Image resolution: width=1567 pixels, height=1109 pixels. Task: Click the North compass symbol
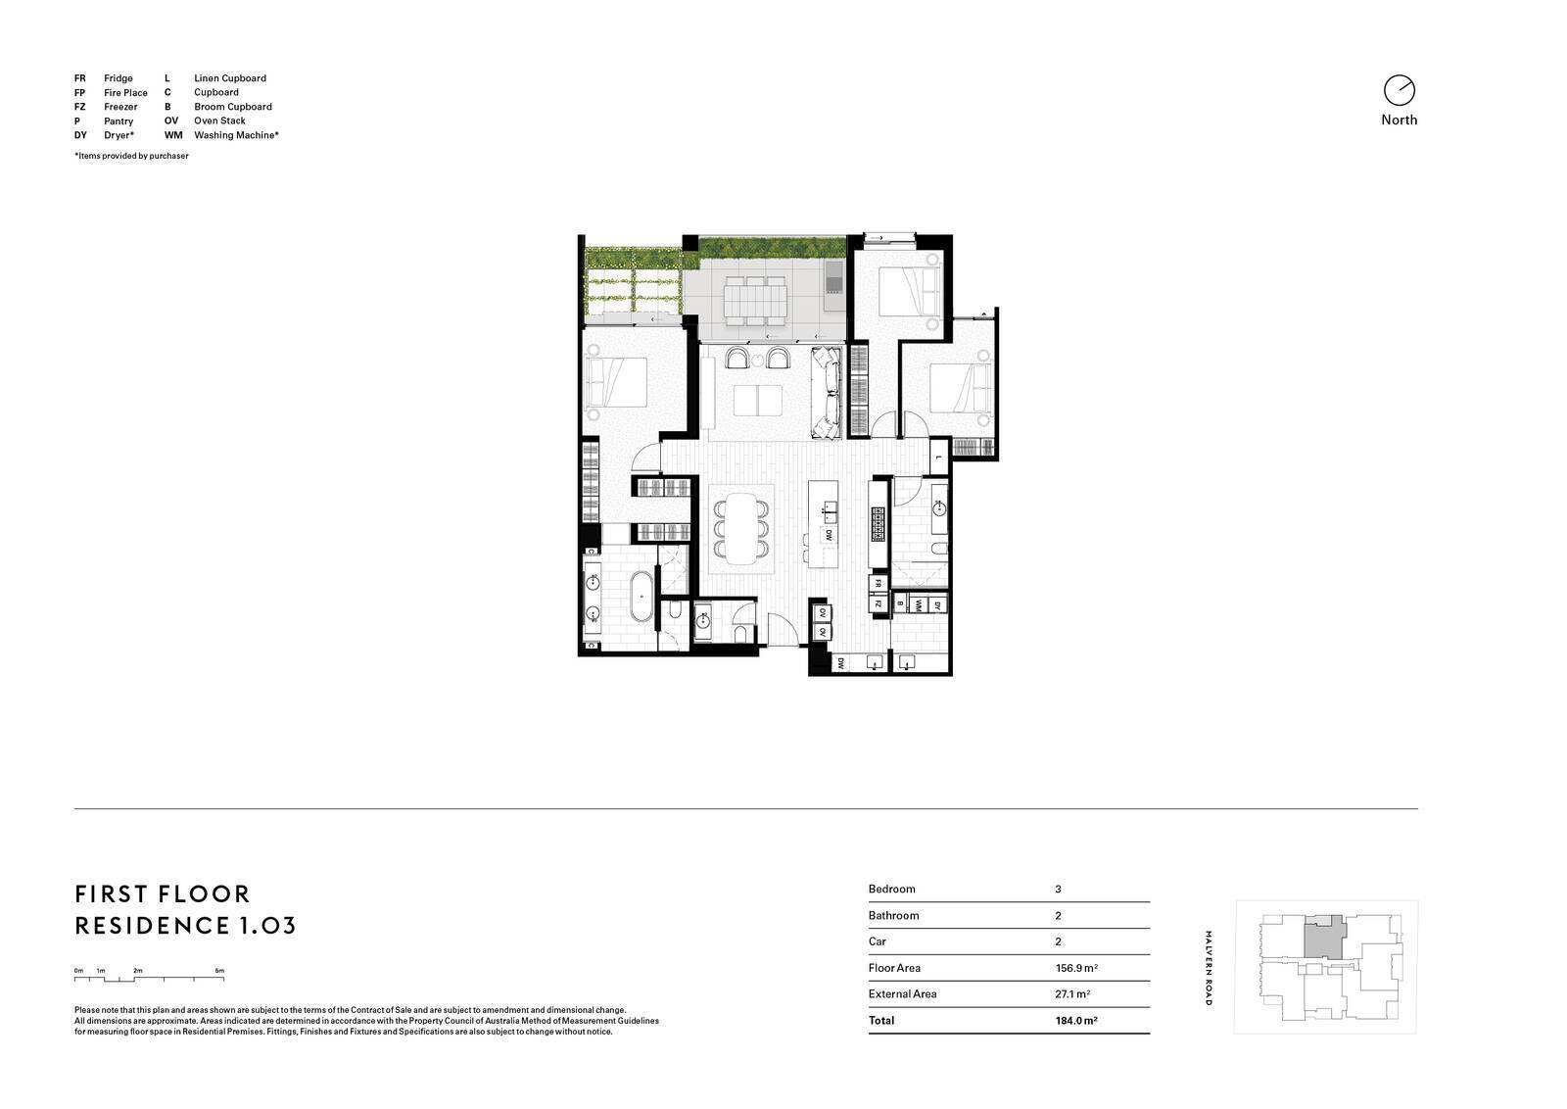(x=1399, y=90)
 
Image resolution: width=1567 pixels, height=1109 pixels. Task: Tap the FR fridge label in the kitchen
(x=878, y=583)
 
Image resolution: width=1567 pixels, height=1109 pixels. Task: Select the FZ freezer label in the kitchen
(x=878, y=603)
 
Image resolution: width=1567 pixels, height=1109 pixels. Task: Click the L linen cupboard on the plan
(x=937, y=458)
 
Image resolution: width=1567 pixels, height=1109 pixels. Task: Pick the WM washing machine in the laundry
(x=919, y=605)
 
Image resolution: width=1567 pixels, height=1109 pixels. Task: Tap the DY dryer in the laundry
(x=937, y=605)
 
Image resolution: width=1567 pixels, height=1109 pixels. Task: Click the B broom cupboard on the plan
(x=899, y=604)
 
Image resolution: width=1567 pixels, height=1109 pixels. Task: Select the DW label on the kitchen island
(x=828, y=536)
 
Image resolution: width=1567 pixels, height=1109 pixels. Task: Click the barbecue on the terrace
(x=833, y=277)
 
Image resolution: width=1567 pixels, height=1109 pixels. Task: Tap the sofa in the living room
(x=828, y=392)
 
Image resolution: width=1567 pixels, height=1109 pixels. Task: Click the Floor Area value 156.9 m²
(x=1076, y=968)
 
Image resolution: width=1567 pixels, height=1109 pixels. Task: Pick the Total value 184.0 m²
(x=1076, y=1020)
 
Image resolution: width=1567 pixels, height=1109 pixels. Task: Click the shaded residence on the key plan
(x=1323, y=939)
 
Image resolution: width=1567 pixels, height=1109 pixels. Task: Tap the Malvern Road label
(x=1209, y=968)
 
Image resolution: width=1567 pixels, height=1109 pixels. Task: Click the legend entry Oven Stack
(x=219, y=121)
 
